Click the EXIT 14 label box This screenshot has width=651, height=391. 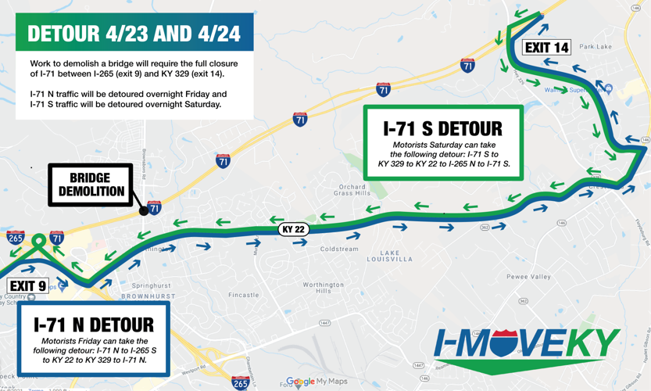click(546, 48)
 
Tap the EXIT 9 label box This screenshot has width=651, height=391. click(27, 286)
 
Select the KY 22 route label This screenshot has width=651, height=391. click(293, 229)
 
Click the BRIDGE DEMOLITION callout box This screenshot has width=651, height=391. click(91, 185)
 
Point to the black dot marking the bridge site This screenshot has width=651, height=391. click(144, 210)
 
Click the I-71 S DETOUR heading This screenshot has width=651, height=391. click(442, 128)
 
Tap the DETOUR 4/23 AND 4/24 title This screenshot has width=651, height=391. click(134, 34)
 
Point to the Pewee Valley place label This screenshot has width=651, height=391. click(528, 277)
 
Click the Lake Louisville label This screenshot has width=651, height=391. click(389, 257)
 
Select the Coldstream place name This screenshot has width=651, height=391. click(339, 249)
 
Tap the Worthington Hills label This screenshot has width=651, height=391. click(324, 288)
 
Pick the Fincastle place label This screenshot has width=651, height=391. click(244, 295)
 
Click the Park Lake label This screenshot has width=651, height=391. click(596, 47)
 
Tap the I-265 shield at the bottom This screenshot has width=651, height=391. click(241, 382)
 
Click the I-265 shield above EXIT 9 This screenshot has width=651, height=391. click(15, 238)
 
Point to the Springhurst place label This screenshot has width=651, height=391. click(151, 286)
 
